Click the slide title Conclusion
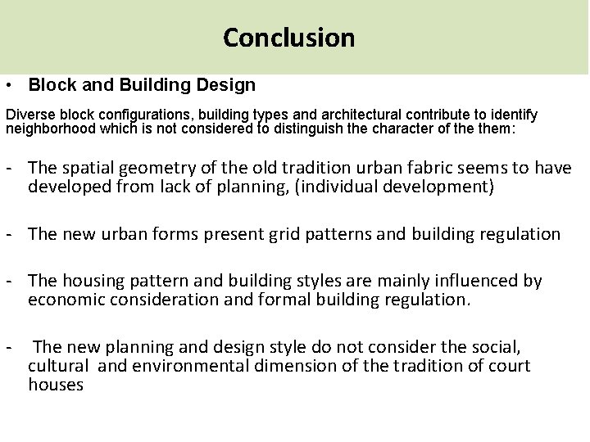289,38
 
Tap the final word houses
56,383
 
